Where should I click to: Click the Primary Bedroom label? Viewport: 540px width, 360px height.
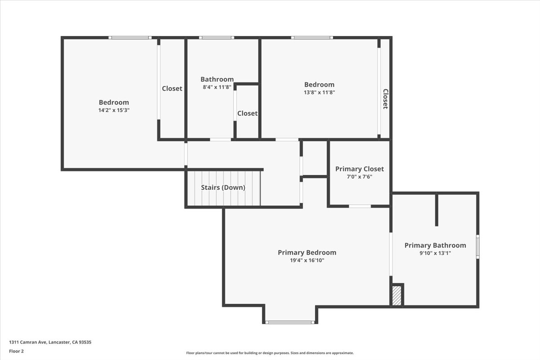tap(307, 252)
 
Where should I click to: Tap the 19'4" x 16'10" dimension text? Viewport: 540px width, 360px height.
tap(307, 260)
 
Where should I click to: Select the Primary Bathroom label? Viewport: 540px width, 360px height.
tap(435, 245)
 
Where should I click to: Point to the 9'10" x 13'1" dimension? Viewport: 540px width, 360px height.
tap(435, 253)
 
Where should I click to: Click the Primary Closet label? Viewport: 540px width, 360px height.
tap(360, 169)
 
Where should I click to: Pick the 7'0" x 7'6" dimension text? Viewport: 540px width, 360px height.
tap(360, 177)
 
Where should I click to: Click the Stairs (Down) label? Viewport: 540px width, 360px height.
tap(223, 188)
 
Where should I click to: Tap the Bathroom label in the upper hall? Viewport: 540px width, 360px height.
tap(217, 79)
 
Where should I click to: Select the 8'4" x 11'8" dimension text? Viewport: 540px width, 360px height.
tap(217, 87)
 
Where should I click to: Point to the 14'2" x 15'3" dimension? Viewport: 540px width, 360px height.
tap(114, 110)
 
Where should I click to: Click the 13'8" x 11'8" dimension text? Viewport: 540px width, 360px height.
tap(319, 92)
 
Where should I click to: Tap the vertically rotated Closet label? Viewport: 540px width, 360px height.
tap(386, 99)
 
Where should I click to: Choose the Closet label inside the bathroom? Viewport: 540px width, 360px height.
tap(247, 113)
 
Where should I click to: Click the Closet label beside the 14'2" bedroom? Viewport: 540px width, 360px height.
tap(172, 89)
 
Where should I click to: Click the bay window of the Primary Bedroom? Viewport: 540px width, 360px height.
tap(290, 322)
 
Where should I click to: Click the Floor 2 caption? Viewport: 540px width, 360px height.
tap(16, 351)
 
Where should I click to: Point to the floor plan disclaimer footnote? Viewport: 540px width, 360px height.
tap(270, 353)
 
